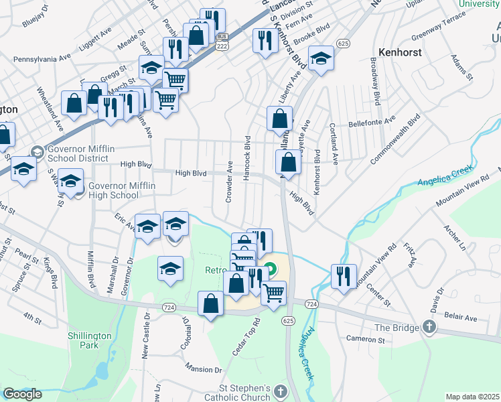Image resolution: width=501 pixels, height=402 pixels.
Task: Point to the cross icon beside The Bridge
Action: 429,328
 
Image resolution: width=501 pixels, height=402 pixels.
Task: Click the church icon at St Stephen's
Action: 281,391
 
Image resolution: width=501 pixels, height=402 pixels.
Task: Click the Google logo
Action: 22,394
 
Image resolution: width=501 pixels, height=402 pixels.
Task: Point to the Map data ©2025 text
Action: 472,397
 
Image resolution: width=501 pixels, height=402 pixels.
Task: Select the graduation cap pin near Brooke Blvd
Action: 321,58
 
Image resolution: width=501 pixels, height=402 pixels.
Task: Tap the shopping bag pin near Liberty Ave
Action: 279,118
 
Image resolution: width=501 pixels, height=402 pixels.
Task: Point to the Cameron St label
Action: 366,339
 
